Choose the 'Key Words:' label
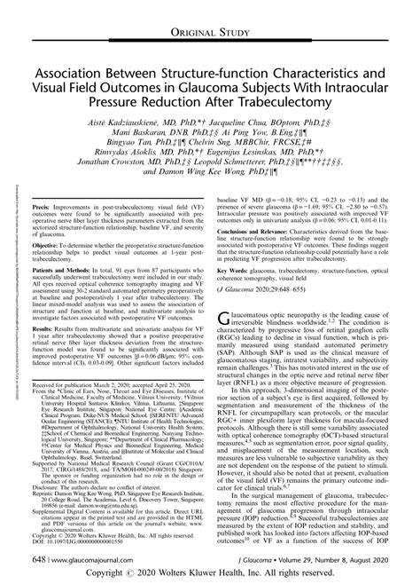(238, 314)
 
